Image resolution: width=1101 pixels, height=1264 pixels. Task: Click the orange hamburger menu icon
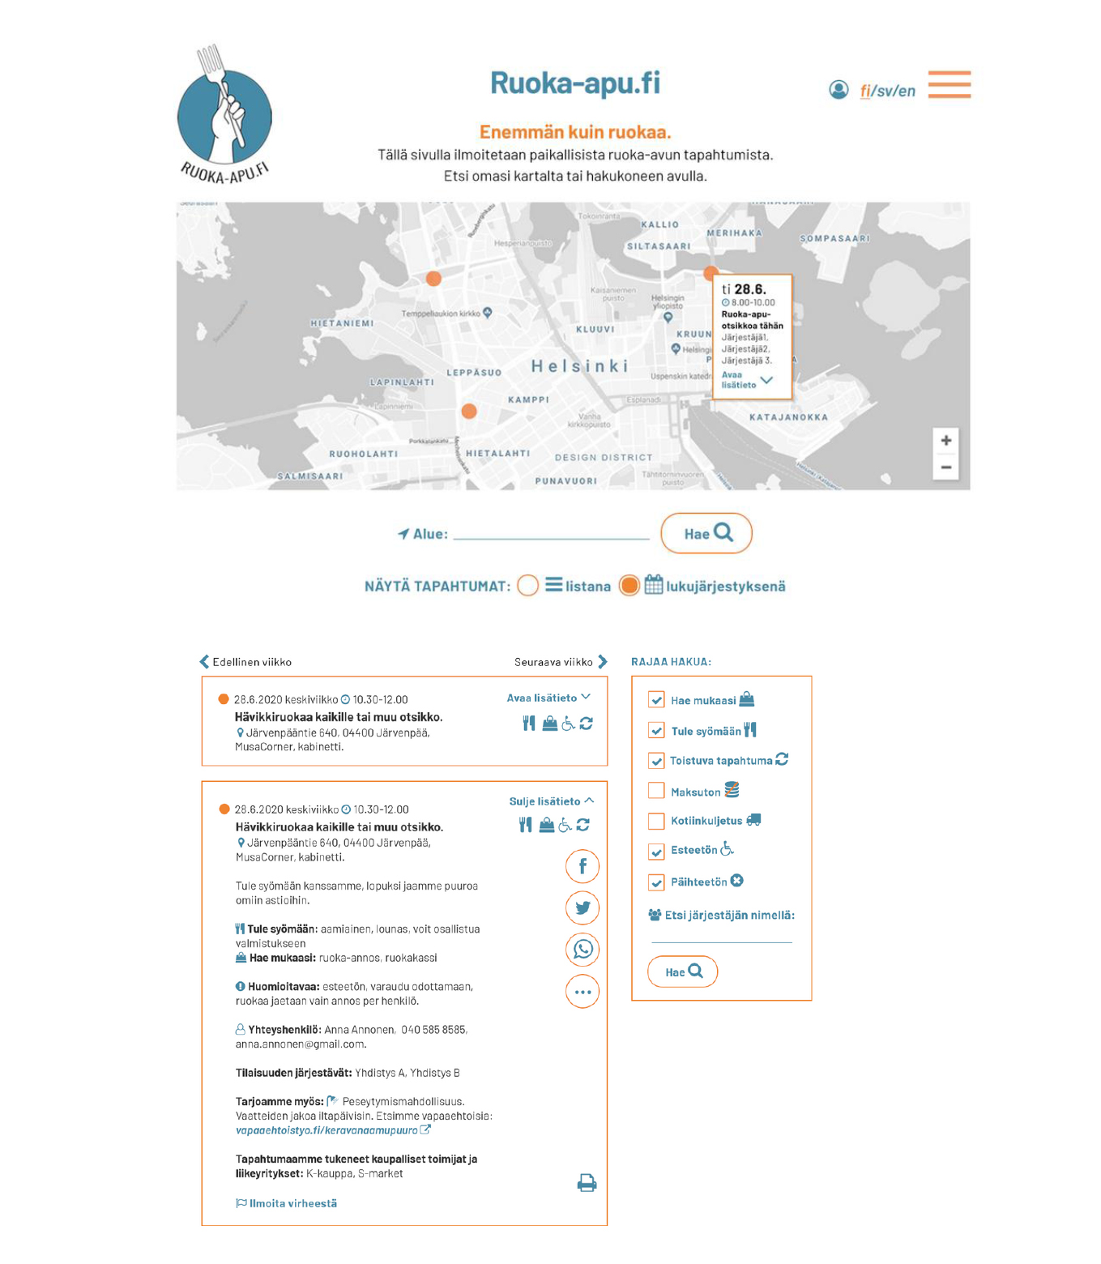coord(949,84)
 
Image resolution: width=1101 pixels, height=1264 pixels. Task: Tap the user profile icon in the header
coord(839,89)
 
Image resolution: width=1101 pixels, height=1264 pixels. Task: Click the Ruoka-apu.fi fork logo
coord(224,113)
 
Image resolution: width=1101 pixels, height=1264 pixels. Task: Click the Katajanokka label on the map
coord(788,417)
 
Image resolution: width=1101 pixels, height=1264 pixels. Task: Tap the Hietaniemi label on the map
coord(342,323)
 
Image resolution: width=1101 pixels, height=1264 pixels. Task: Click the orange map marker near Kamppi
coord(469,412)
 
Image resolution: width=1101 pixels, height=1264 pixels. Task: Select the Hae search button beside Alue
coord(706,533)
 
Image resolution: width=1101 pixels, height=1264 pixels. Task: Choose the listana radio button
coord(527,585)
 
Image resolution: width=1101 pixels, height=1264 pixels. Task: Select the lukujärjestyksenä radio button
coord(629,585)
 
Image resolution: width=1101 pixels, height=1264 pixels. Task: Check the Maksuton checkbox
coord(656,791)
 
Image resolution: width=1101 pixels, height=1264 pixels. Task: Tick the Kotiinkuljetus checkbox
coord(656,821)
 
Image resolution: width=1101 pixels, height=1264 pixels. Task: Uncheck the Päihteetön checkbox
coord(656,882)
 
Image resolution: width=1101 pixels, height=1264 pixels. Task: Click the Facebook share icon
coord(583,866)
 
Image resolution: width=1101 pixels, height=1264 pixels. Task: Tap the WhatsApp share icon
coord(583,950)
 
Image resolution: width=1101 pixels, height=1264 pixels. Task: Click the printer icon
coord(587,1183)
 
